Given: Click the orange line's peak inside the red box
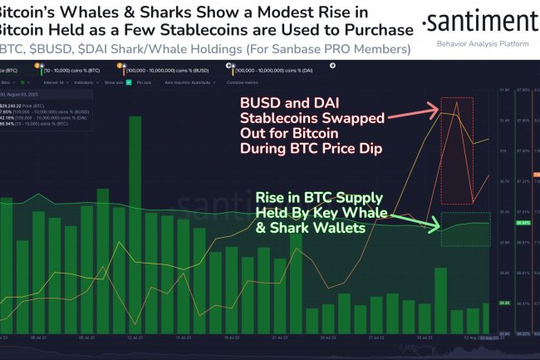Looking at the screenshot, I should pos(456,102).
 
